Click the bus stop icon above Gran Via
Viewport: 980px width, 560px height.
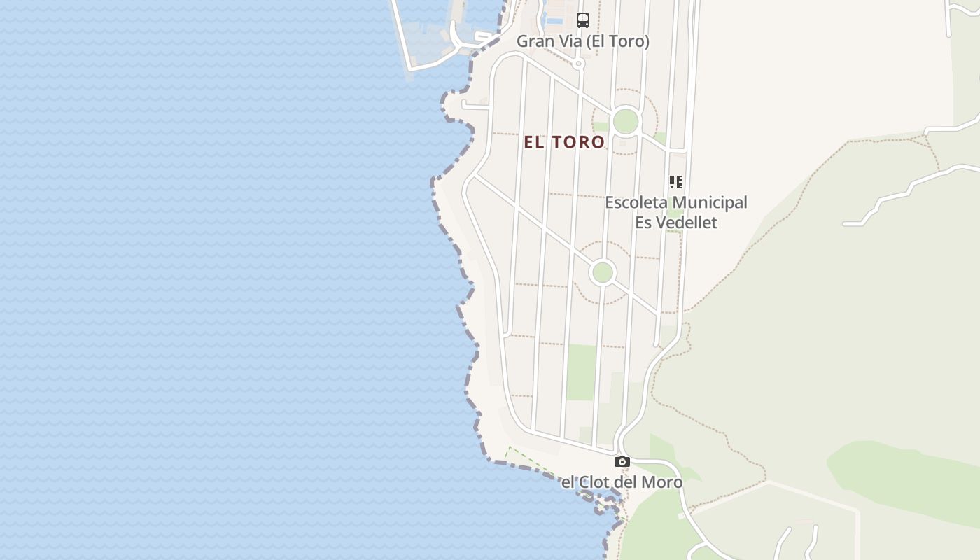[583, 20]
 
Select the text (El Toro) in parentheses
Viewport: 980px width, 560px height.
[618, 41]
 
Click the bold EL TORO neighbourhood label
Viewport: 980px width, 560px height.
[564, 142]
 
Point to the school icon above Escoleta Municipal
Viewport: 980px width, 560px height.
[676, 182]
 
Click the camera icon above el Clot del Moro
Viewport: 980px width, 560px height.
[622, 462]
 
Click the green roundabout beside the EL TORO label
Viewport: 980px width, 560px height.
[626, 122]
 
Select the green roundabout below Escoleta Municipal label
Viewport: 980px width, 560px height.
[603, 272]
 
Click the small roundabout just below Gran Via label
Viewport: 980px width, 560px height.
[578, 64]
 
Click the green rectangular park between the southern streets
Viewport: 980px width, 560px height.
[582, 372]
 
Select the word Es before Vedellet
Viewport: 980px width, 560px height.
[644, 223]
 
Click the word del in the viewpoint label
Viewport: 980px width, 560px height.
[629, 482]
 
